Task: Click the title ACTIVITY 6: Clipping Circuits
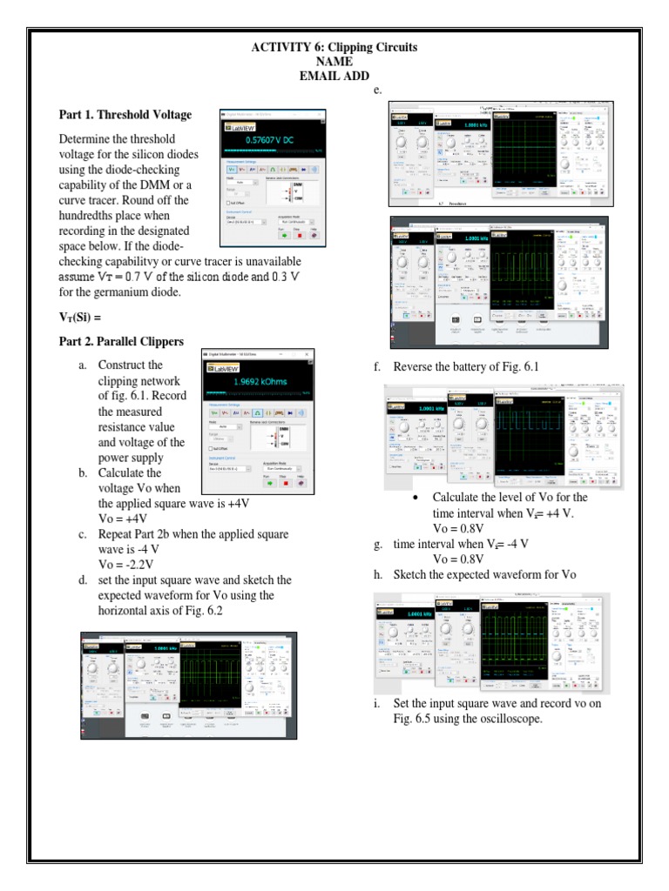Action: (x=334, y=48)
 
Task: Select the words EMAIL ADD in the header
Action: (x=334, y=76)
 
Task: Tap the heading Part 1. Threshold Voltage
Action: (x=125, y=115)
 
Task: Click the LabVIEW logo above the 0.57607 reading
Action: (x=235, y=126)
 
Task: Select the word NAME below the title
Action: (x=334, y=62)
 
